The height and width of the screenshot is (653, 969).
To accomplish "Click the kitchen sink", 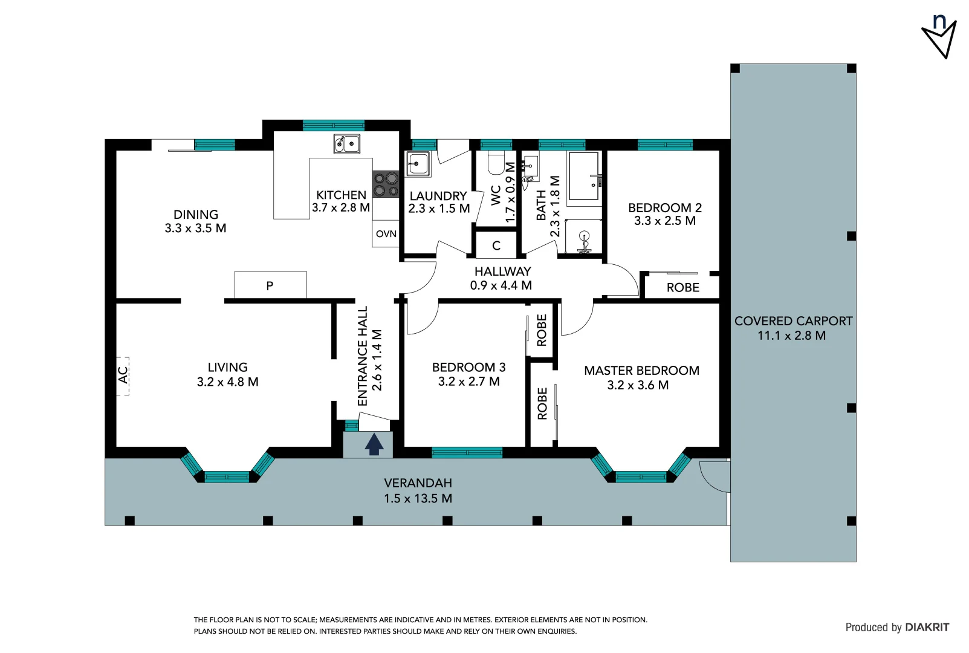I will (x=347, y=144).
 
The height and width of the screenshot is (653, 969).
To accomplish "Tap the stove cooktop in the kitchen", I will (x=386, y=184).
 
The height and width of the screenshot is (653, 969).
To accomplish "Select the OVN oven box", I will (x=386, y=234).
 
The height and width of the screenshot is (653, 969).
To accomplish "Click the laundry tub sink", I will (x=418, y=163).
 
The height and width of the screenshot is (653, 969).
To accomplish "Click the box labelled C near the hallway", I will (x=496, y=245).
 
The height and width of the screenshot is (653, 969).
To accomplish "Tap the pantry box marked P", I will (x=270, y=285).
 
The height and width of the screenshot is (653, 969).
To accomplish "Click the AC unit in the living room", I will (x=123, y=375).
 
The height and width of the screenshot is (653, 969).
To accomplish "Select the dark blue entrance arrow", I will (x=374, y=444).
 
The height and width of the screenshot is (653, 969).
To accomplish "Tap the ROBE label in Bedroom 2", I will (x=682, y=288).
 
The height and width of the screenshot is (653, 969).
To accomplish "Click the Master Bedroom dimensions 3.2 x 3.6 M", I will (x=638, y=385).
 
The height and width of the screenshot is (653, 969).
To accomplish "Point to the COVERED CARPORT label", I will (x=793, y=321).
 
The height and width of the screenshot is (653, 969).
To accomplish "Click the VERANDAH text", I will (x=418, y=483).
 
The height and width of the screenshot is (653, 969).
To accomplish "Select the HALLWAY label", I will (x=502, y=271).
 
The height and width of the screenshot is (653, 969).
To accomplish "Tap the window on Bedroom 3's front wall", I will (x=467, y=452).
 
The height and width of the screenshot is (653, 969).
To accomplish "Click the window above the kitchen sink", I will (x=333, y=126).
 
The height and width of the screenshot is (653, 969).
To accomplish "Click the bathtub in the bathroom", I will (x=585, y=175).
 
